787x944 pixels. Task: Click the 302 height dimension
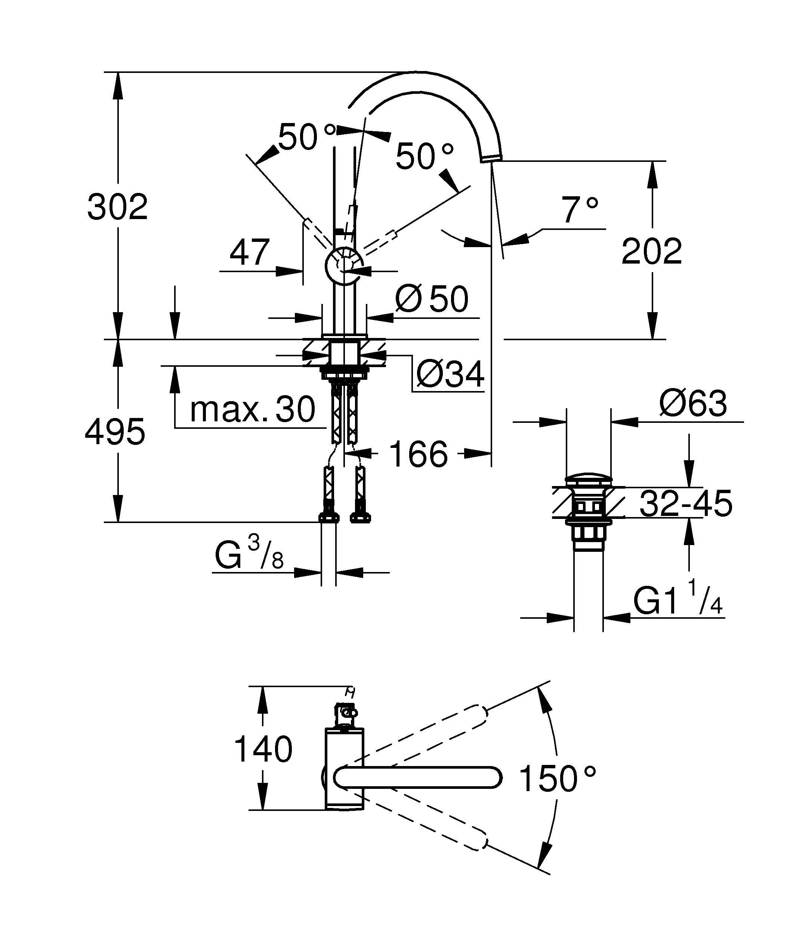118,207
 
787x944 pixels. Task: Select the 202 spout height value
651,252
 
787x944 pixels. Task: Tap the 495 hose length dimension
115,431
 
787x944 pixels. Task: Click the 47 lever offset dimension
250,253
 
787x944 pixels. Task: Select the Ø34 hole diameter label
450,374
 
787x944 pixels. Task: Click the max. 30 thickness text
253,409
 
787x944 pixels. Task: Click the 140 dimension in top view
263,749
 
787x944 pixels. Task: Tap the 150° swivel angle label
558,779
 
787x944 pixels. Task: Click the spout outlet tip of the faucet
491,157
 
